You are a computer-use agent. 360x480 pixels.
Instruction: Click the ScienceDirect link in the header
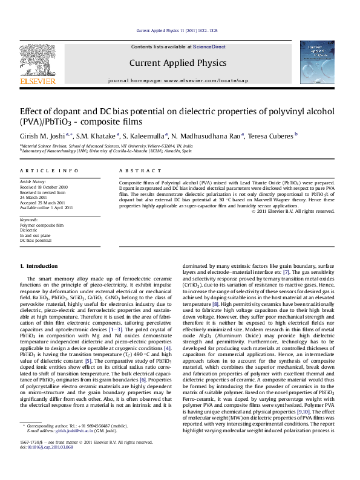click(209, 47)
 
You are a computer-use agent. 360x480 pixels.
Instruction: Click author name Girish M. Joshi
click(36, 136)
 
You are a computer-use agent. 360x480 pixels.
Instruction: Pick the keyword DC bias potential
click(36, 240)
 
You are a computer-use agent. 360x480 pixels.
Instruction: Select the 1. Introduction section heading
click(39, 266)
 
